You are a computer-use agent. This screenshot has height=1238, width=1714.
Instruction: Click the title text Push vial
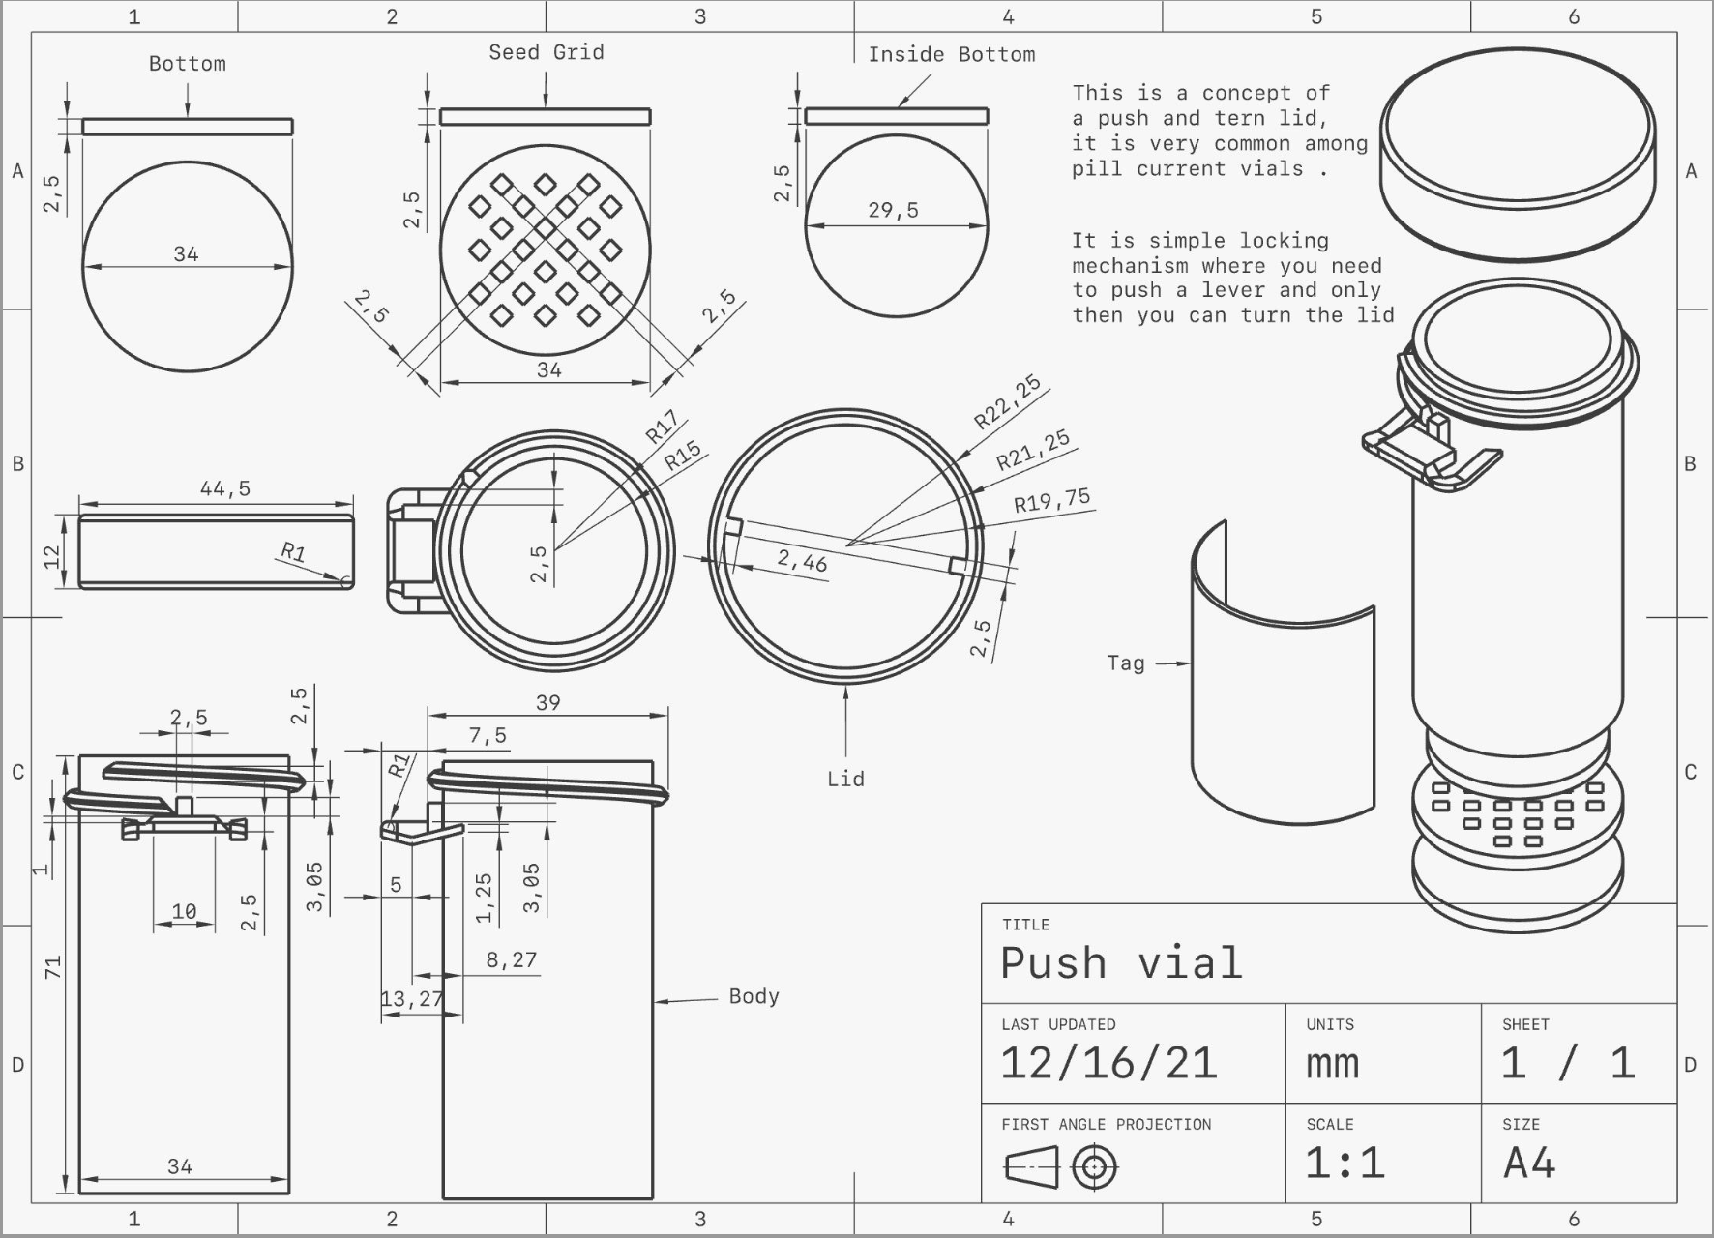[x=1121, y=963]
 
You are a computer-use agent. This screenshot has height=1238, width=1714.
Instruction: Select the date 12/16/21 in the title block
[x=1108, y=1063]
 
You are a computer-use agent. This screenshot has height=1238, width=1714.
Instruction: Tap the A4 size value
[x=1529, y=1163]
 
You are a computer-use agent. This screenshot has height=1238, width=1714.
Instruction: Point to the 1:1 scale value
[x=1345, y=1163]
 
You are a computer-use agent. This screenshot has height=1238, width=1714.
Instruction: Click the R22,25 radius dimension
[x=1007, y=401]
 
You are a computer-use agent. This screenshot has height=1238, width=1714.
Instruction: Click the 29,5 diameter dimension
[x=893, y=210]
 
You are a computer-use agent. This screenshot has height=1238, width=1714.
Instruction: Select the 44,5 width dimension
[x=224, y=488]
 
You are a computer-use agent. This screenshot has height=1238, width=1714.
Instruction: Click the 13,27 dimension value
[x=412, y=999]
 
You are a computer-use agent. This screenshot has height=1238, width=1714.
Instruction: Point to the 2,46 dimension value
[x=802, y=561]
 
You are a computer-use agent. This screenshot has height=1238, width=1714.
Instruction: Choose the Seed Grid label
[x=546, y=52]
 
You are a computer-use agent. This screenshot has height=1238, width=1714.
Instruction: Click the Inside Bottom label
[x=951, y=54]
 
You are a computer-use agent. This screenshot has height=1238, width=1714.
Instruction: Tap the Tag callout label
[x=1125, y=663]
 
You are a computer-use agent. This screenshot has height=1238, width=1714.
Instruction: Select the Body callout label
[x=754, y=996]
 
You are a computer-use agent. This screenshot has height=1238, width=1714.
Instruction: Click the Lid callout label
[x=845, y=779]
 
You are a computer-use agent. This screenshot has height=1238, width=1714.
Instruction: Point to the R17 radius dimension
[x=662, y=427]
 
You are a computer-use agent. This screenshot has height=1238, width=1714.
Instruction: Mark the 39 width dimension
[x=547, y=702]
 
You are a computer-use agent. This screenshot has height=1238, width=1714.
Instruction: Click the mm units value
[x=1332, y=1064]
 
